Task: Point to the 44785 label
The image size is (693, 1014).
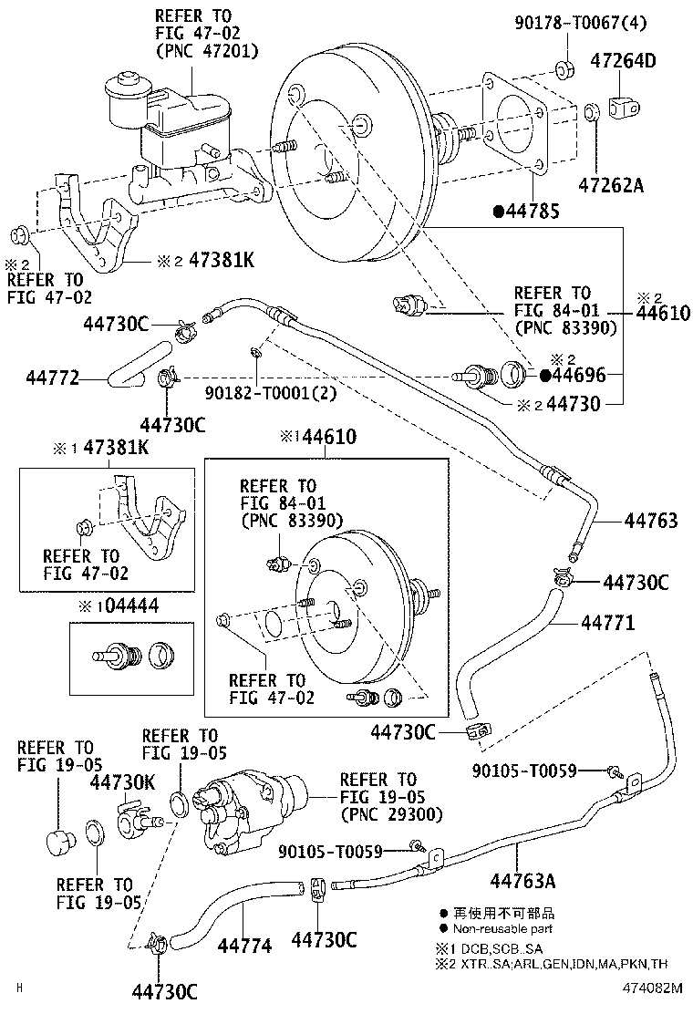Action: pos(533,212)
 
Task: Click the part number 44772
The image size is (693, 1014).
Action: pos(51,376)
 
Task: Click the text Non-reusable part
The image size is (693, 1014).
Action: pos(502,929)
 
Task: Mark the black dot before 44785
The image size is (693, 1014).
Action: pos(498,212)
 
